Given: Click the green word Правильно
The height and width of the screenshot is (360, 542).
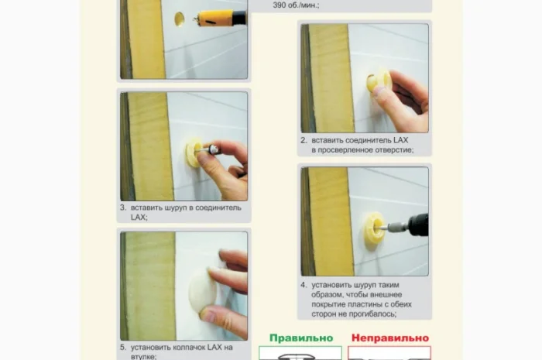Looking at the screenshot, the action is (301, 338).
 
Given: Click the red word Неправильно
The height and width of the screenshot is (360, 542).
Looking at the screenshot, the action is (390, 338).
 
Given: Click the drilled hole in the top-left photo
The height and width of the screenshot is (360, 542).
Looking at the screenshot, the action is (180, 19).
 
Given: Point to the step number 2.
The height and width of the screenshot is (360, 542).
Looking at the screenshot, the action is (304, 140).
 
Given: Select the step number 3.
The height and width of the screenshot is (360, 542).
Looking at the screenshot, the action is (123, 207).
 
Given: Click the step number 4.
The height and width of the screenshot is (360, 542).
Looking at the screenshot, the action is (304, 285).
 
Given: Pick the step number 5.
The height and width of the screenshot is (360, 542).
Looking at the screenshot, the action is (123, 347).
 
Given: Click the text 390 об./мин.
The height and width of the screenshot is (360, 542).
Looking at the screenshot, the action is (296, 5).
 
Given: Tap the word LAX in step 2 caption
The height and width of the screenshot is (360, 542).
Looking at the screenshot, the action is (400, 140).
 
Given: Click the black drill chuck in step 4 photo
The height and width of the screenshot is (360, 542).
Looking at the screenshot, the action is (418, 225).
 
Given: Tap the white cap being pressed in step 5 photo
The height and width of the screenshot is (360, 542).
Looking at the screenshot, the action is (202, 290).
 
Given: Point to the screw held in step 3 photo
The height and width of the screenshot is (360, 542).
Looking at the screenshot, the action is (208, 149).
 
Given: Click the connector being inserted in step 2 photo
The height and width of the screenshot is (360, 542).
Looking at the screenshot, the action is (378, 81).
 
